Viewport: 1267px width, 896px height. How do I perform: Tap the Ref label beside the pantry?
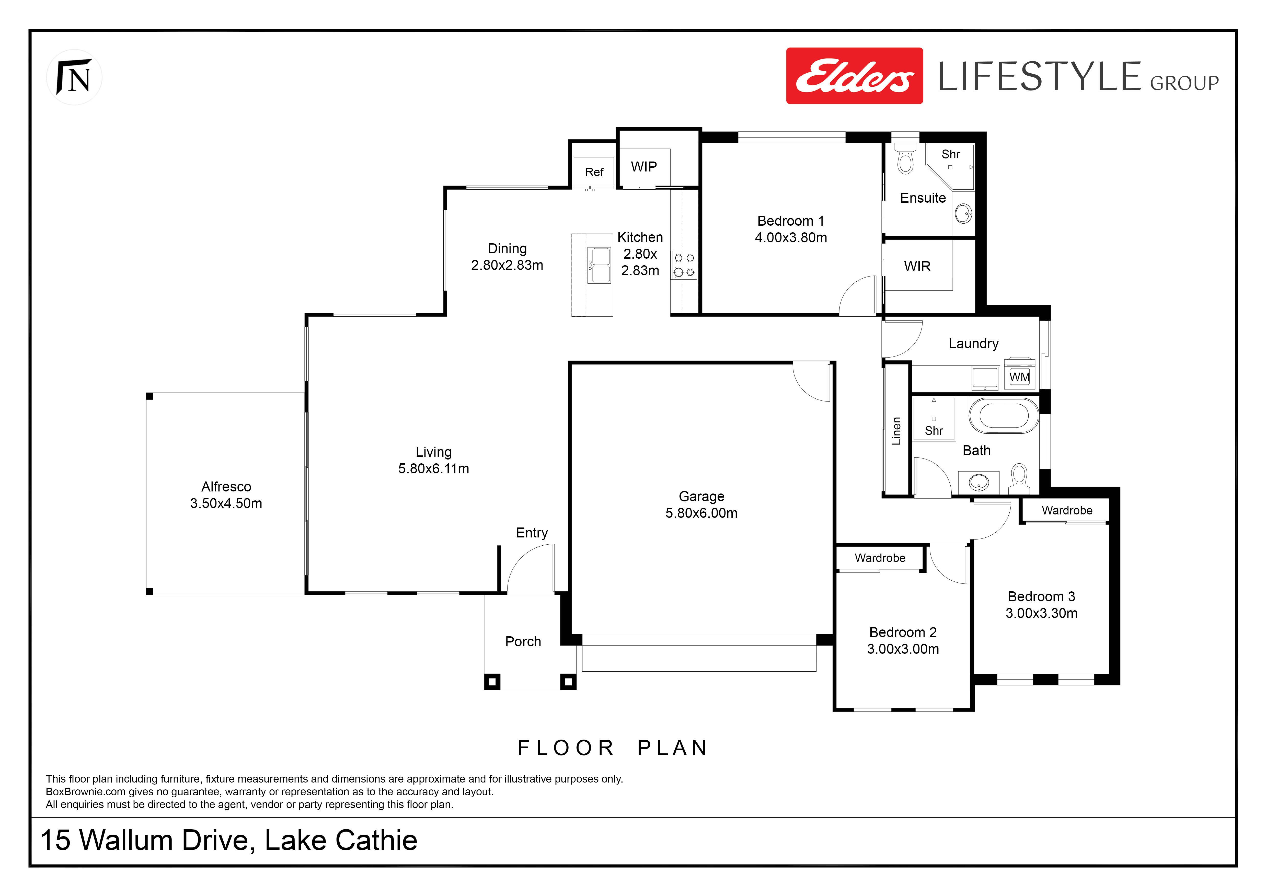pyautogui.click(x=594, y=172)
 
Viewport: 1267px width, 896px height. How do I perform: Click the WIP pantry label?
pyautogui.click(x=644, y=167)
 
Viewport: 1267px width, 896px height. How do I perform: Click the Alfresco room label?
pyautogui.click(x=226, y=487)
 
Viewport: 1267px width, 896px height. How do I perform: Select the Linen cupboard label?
pyautogui.click(x=896, y=431)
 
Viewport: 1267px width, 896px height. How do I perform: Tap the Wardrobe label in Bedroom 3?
pyautogui.click(x=1067, y=510)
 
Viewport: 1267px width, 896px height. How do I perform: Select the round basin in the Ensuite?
pyautogui.click(x=963, y=213)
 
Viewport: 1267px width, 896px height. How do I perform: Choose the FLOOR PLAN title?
pyautogui.click(x=613, y=748)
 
